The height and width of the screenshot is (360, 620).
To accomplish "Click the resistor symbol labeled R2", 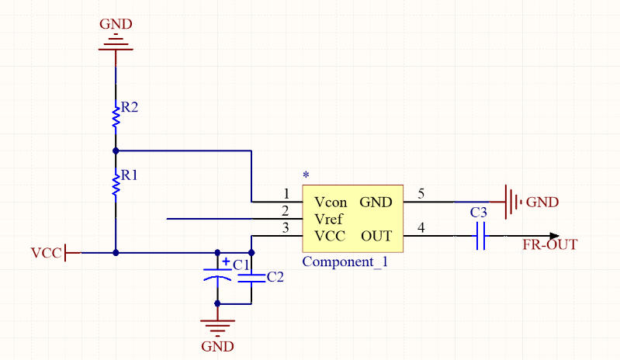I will [116, 116].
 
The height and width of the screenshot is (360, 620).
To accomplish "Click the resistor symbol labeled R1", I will [116, 185].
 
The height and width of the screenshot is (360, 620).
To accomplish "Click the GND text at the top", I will [116, 23].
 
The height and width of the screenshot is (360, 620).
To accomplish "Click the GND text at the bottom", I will [217, 346].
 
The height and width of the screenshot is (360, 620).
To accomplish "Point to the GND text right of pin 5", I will [542, 202].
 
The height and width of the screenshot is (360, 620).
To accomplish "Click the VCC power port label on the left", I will [45, 253].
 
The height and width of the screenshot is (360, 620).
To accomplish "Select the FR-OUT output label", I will [550, 245].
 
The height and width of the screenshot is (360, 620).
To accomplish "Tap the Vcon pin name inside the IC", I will [331, 202].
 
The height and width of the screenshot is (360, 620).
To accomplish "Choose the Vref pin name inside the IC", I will [330, 219].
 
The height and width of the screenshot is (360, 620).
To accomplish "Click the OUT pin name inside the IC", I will [376, 236].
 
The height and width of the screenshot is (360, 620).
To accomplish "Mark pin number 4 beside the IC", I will [421, 227].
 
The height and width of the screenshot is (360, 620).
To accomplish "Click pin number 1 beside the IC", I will [286, 193].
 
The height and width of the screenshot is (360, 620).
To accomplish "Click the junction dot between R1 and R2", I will [116, 150].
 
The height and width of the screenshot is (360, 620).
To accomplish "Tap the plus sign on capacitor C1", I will [225, 262].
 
